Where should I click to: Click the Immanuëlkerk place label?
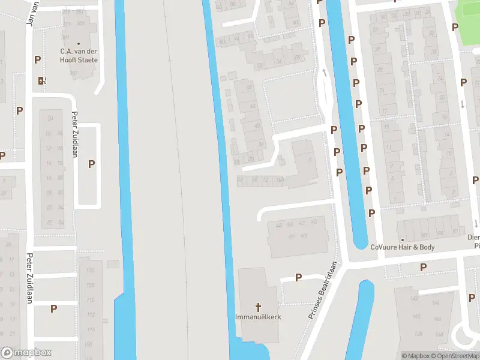259,316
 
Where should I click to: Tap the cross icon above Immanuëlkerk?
259,306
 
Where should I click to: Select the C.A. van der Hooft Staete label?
79,56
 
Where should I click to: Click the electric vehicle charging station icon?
41,80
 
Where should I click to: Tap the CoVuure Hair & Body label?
402,247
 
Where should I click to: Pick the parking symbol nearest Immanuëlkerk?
299,277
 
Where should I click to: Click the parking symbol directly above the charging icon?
38,59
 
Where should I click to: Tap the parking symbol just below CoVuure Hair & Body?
423,267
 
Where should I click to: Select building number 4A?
278,226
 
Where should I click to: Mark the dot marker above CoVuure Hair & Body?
402,240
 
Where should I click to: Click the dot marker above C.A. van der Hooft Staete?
79,43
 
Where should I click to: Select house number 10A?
280,179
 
